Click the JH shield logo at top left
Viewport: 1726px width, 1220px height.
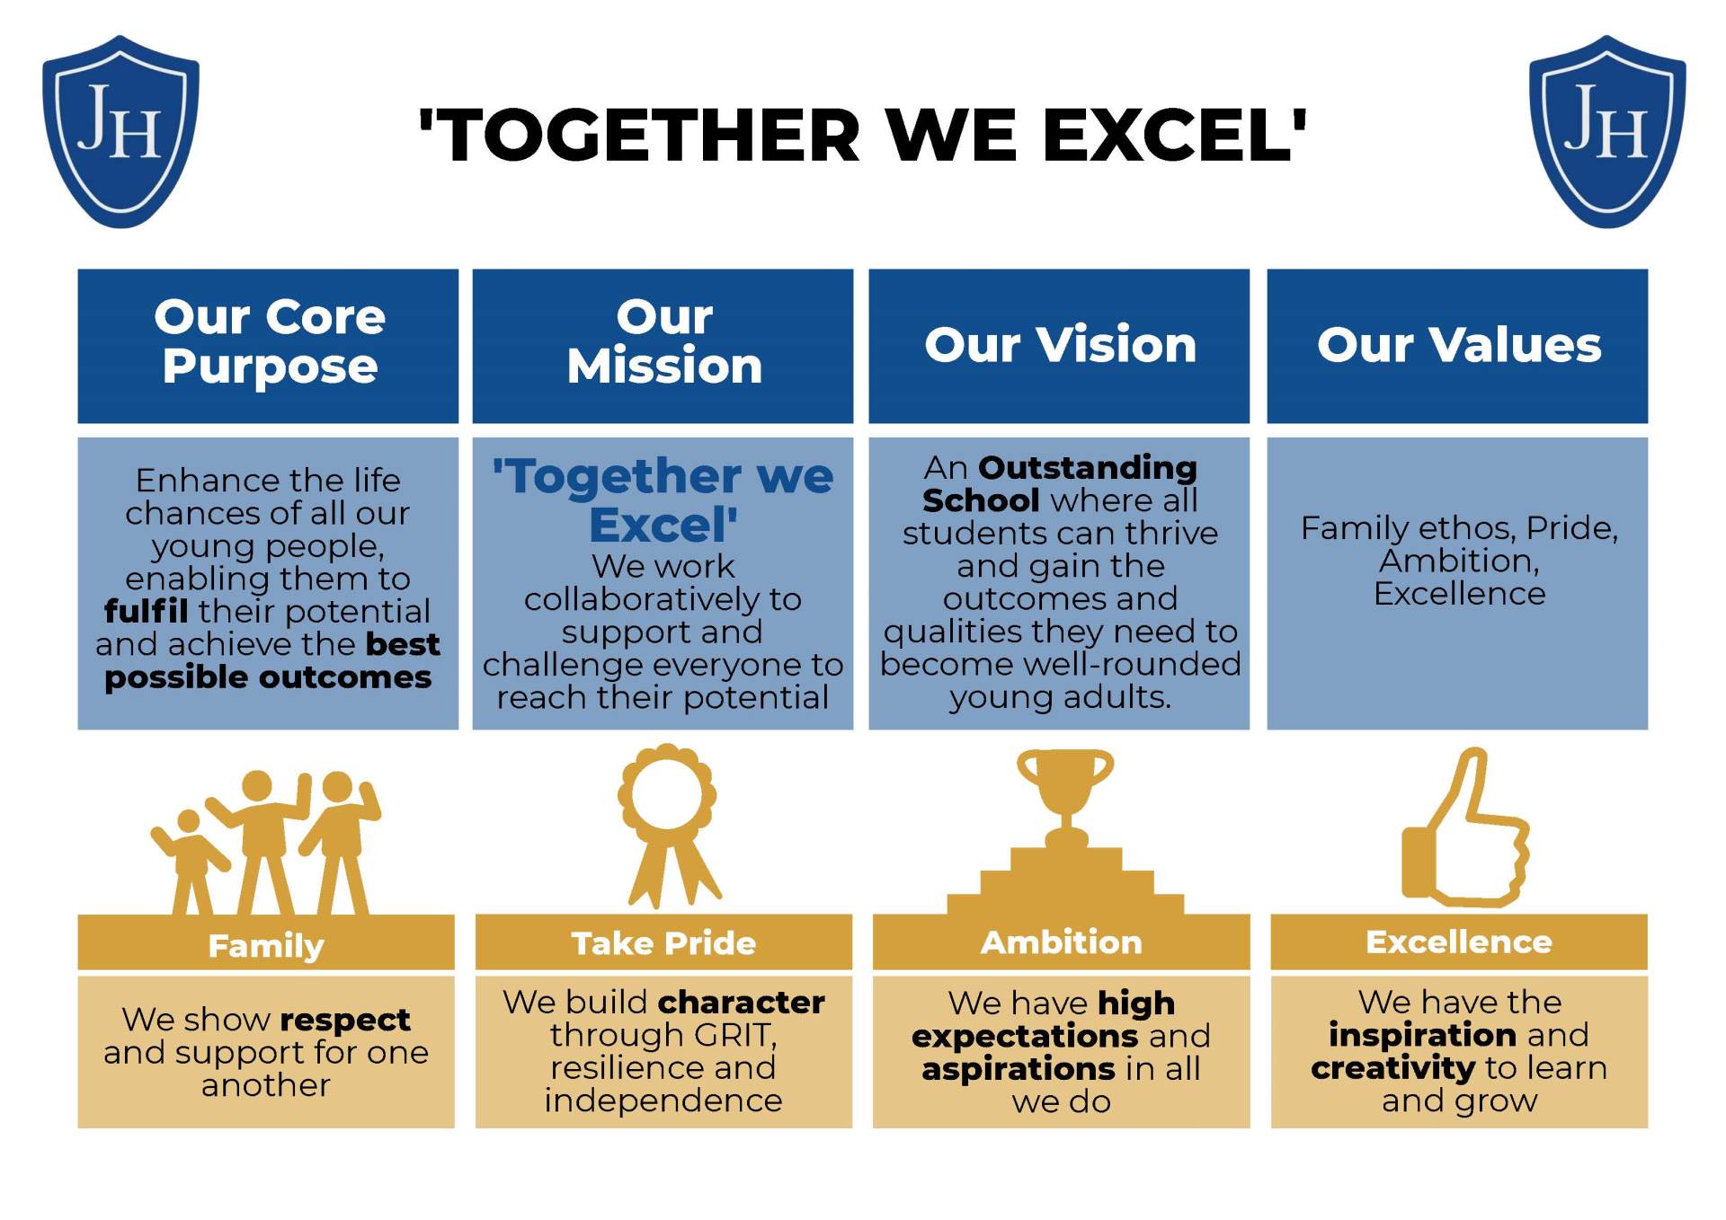point(120,131)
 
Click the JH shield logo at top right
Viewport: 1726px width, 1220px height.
point(1607,131)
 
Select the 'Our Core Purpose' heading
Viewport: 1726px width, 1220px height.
point(269,341)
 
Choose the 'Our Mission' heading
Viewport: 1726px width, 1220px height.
point(664,341)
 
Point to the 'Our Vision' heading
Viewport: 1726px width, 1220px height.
point(1060,344)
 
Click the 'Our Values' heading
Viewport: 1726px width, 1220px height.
point(1458,344)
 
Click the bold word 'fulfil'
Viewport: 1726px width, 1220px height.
point(146,611)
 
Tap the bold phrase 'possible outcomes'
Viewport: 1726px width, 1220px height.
point(268,677)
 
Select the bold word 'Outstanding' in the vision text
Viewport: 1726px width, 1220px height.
point(1088,467)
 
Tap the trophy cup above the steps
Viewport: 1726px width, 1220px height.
point(1064,799)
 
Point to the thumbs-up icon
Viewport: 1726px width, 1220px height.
point(1466,827)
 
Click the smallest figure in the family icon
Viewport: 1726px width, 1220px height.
point(189,862)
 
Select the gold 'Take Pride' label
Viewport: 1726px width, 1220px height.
point(663,943)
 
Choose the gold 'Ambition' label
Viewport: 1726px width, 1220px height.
point(1061,942)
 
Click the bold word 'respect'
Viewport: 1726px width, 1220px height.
point(345,1021)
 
